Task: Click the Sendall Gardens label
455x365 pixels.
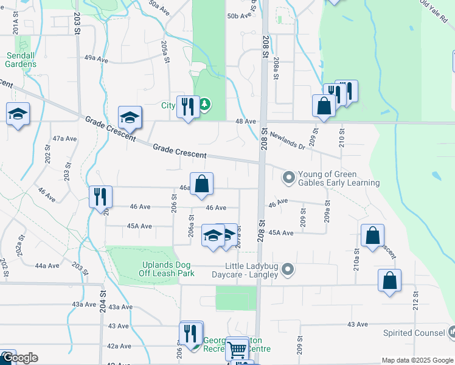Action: click(21, 60)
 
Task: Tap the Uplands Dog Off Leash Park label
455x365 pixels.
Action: click(158, 269)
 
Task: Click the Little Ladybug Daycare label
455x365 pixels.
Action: click(251, 270)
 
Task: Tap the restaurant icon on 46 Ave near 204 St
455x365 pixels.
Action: click(99, 196)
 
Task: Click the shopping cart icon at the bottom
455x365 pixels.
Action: click(237, 349)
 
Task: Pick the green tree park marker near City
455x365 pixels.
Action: click(206, 105)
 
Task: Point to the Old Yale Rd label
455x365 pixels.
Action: click(433, 11)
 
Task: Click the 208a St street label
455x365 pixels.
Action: click(276, 68)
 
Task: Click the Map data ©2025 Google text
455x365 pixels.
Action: click(417, 360)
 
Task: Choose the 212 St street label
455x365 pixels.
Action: click(416, 299)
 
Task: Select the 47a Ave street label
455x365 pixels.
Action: click(65, 139)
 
